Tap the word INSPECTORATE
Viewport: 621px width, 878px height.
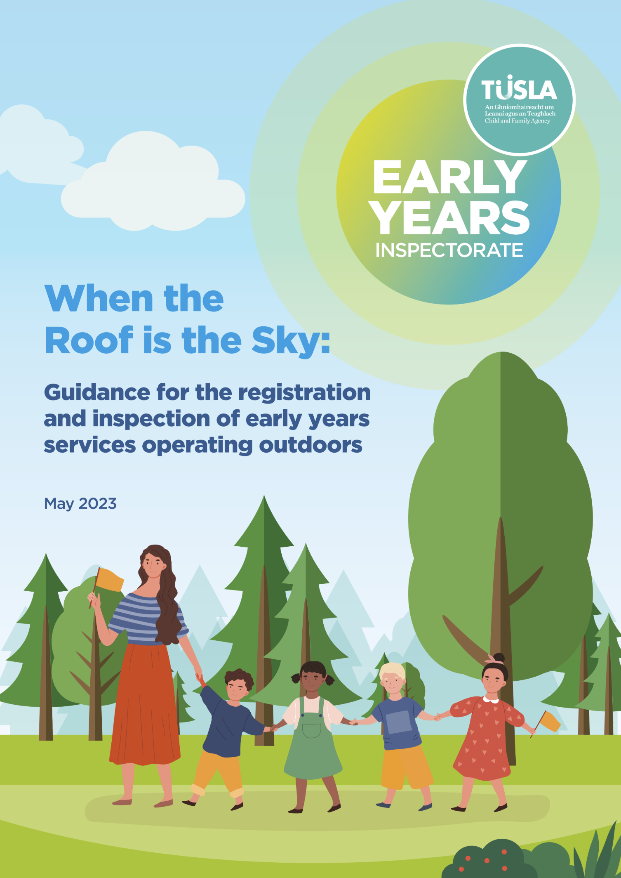pos(449,250)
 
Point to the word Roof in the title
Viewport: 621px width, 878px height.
pos(89,340)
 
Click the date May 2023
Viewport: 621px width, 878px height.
pos(80,504)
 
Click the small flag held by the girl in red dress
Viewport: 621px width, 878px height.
pos(550,722)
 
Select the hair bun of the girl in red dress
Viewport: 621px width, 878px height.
pos(499,657)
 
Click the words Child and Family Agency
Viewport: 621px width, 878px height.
pos(517,121)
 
